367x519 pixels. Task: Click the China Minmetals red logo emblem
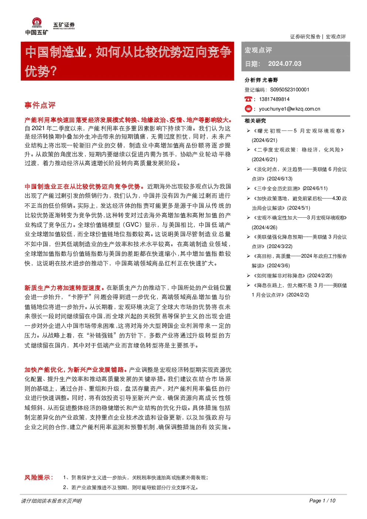(37, 23)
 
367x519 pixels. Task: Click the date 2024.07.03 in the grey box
(285, 64)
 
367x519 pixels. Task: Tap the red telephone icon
(248, 99)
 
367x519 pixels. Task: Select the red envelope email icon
(248, 109)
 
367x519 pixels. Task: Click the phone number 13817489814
(274, 99)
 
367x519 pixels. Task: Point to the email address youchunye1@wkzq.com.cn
(289, 109)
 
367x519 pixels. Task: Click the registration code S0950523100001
(290, 90)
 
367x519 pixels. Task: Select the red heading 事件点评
(40, 105)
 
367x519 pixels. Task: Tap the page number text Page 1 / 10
(322, 501)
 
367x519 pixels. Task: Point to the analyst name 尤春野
(270, 80)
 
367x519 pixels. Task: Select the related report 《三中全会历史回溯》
(277, 189)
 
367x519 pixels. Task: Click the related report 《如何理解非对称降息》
(279, 275)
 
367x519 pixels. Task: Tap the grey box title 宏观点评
(258, 50)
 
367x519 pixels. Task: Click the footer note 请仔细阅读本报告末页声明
(51, 501)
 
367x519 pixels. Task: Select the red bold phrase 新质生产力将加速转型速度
(62, 288)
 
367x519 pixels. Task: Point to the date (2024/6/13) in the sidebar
(280, 179)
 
